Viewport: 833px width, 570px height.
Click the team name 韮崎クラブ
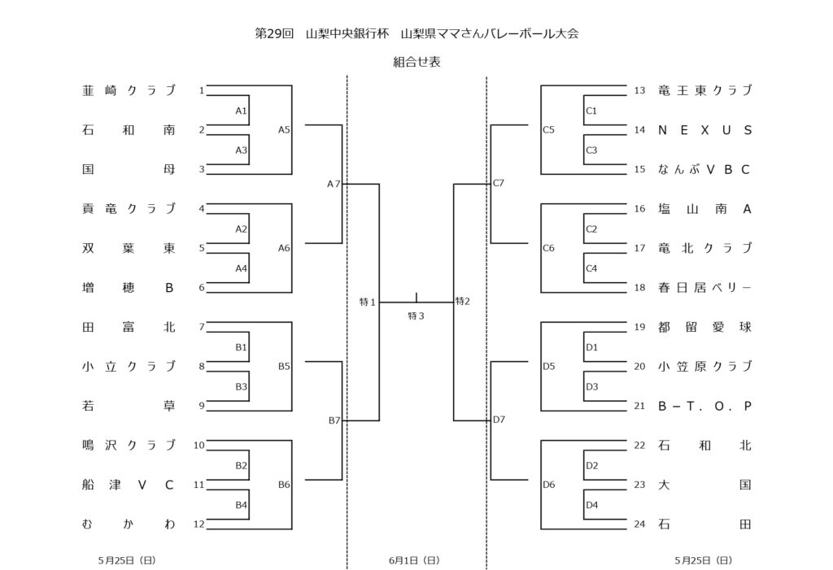129,90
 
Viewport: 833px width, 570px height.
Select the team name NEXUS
704,130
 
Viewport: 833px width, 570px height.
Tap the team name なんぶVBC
704,169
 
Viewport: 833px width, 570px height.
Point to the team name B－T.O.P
704,407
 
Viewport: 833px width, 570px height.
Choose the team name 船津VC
129,485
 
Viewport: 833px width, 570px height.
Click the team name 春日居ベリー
704,288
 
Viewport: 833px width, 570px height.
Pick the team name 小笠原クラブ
704,367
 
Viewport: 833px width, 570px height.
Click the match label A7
334,184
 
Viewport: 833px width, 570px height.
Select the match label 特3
416,315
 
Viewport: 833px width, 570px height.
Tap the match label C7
499,184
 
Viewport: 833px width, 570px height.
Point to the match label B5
284,367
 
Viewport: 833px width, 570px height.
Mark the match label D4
591,505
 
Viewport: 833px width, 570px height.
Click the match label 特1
368,302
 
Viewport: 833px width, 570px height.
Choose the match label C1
591,111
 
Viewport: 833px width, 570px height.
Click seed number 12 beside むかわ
198,524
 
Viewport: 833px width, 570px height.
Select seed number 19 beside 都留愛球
639,328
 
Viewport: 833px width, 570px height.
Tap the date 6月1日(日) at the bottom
415,560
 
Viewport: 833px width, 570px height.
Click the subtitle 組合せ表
416,62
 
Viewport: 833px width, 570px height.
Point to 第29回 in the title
273,33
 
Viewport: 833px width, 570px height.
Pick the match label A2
241,229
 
